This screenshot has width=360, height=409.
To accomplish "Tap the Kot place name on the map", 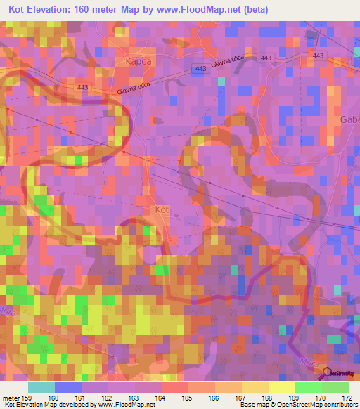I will click(x=162, y=209).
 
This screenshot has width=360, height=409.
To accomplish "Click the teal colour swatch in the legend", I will click(x=41, y=388).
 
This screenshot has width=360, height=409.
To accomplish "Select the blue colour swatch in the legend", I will click(x=68, y=388).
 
